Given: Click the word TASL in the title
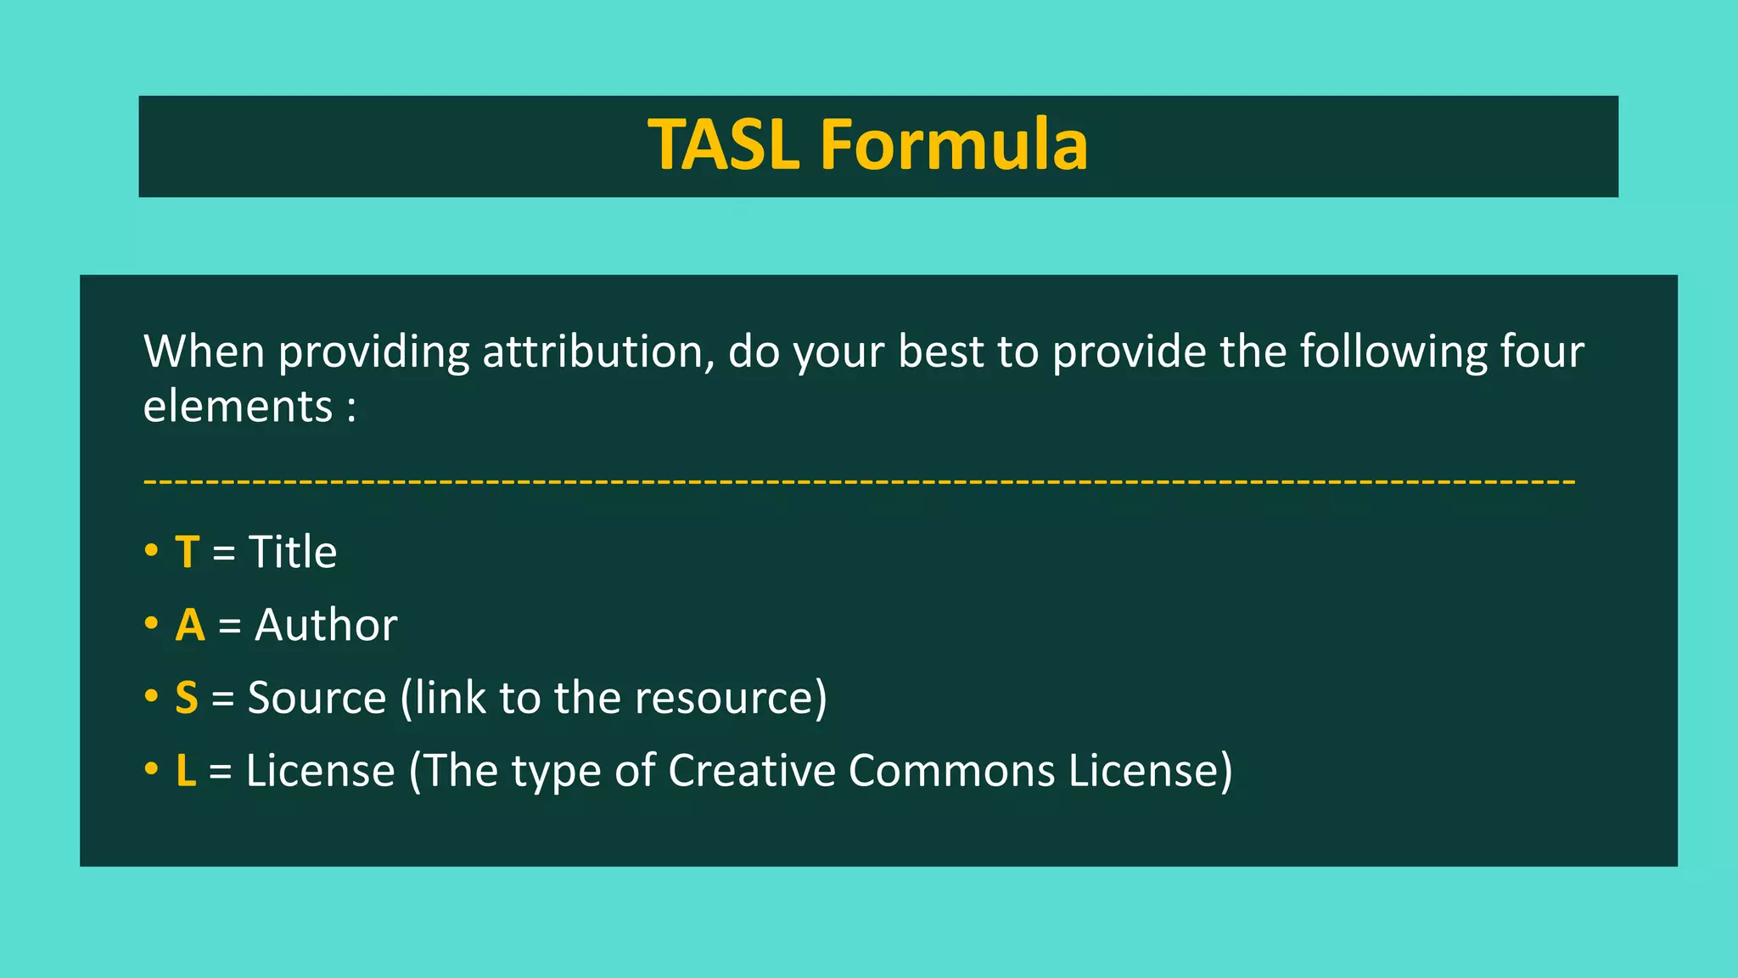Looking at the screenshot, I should click(723, 145).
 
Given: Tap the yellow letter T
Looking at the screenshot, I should click(187, 553).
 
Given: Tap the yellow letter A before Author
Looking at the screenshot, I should click(190, 626).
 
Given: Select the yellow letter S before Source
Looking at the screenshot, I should click(187, 698).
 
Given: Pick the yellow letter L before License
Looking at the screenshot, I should click(186, 771).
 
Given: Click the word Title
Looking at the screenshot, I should click(293, 553).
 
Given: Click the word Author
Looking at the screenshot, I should click(326, 626).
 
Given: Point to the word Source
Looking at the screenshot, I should click(317, 698).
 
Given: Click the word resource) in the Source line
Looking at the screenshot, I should click(731, 698).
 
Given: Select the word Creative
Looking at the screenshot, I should click(751, 771).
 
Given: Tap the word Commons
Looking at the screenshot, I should click(950, 771).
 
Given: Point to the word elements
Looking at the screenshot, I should click(238, 407).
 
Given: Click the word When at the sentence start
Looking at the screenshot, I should click(204, 351).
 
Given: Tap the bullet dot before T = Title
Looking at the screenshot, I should click(151, 551).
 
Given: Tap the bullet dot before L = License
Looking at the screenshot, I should click(151, 769).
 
